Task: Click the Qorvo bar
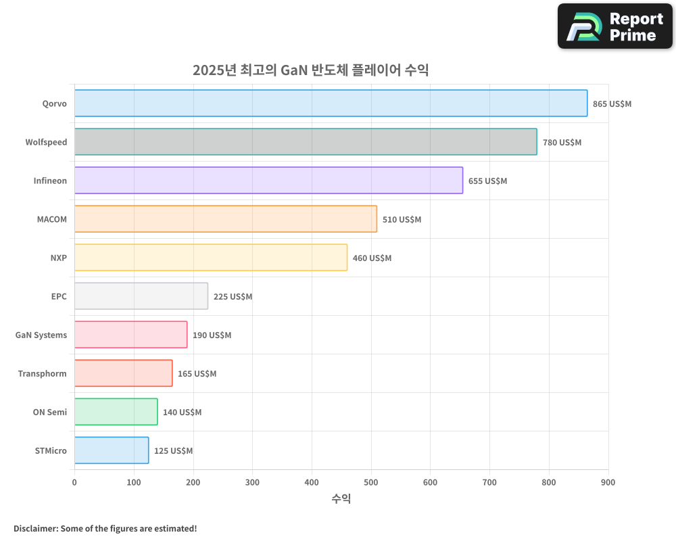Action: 331,103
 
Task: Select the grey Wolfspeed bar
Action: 306,142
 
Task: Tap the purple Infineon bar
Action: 268,181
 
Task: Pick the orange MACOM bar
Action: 225,219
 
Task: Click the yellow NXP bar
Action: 210,258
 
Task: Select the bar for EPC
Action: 141,296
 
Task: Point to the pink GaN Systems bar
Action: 130,335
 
